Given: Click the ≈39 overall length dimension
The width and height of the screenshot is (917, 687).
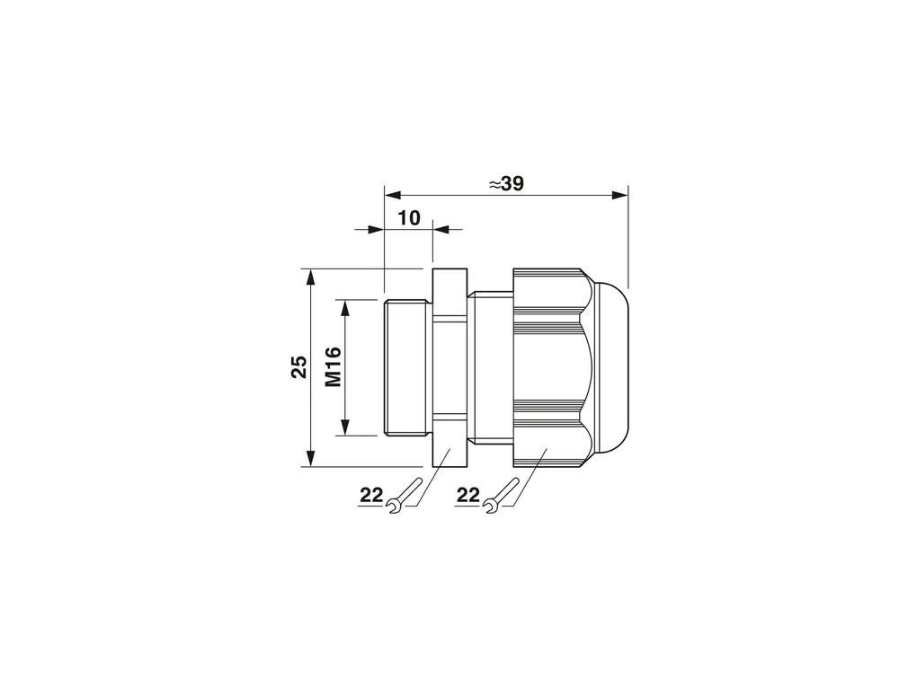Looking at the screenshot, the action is coord(506,183).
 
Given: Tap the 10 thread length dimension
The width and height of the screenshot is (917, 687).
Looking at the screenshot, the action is coord(409,218).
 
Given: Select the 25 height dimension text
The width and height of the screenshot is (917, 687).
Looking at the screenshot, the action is coord(298,367).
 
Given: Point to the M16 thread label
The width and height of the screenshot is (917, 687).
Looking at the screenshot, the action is coord(333,367).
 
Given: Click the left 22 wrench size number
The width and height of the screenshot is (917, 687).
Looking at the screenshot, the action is coord(370,496).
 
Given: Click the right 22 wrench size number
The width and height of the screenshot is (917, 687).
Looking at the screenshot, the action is coord(467,496).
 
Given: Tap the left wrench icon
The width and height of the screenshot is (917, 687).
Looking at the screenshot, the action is coord(405,496).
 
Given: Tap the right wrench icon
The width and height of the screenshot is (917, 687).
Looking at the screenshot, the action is coord(503,496).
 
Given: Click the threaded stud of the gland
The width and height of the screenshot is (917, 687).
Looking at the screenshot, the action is coord(407,367).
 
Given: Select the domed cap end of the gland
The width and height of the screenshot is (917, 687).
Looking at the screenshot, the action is coord(611,367).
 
